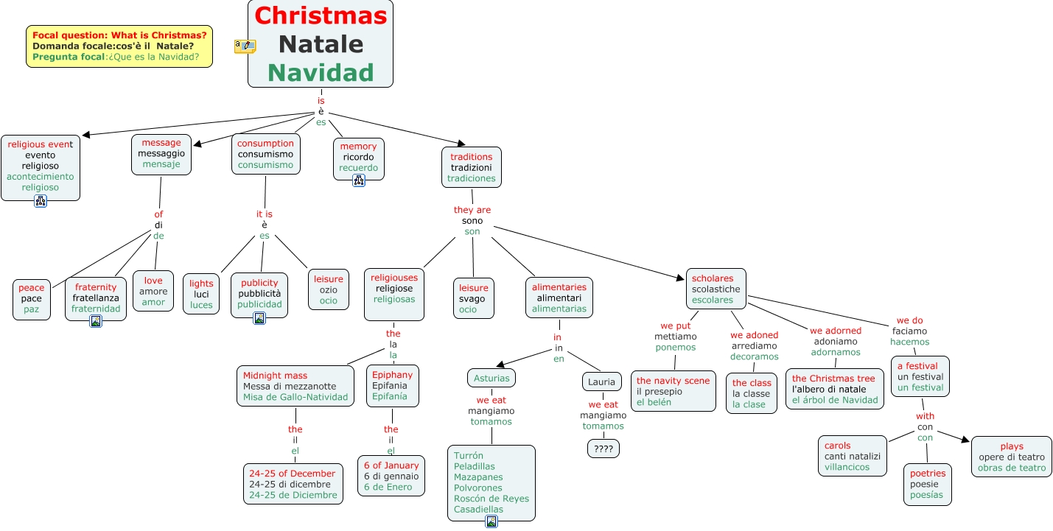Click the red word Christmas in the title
(321, 15)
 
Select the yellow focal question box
(119, 46)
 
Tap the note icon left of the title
(245, 46)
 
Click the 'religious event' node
(40, 166)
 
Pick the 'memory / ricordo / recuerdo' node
(358, 157)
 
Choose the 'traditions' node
(472, 167)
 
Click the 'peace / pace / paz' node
(32, 299)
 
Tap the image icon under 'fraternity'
(96, 320)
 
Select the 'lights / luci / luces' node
(201, 294)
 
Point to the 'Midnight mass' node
(295, 387)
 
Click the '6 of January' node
(391, 476)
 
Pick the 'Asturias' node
(491, 378)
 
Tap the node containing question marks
(603, 448)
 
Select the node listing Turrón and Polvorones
(491, 482)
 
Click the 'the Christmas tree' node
(834, 389)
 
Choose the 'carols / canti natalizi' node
(852, 456)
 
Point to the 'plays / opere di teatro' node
(1011, 457)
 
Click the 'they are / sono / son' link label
(472, 220)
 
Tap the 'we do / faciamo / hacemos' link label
(909, 331)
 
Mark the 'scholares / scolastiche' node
(716, 289)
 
